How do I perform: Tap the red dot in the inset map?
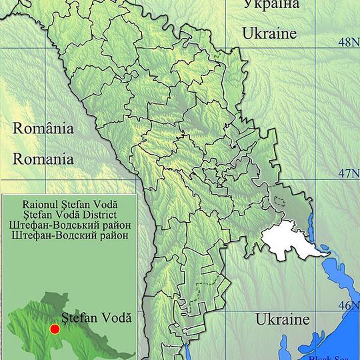click(x=55, y=329)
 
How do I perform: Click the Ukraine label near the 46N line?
click(x=283, y=319)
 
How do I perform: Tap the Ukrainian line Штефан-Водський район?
click(x=69, y=225)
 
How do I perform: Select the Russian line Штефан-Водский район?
click(x=69, y=235)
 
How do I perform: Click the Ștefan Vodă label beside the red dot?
click(x=96, y=318)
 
